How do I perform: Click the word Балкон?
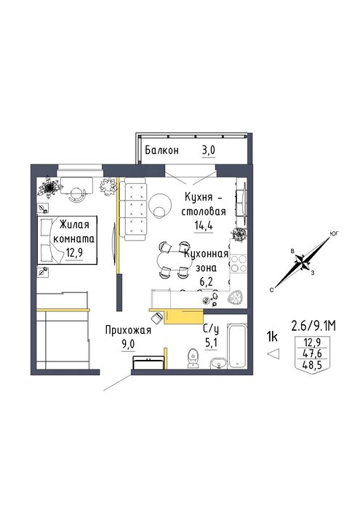click(x=161, y=151)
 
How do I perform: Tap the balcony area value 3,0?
click(x=209, y=151)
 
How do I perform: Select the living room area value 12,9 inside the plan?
click(x=74, y=252)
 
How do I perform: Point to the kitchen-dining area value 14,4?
click(x=204, y=225)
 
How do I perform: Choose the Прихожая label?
click(x=128, y=330)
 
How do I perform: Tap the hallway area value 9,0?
click(x=128, y=344)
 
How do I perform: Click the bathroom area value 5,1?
click(x=211, y=342)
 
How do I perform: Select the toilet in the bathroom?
click(x=193, y=358)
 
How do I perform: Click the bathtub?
click(x=236, y=345)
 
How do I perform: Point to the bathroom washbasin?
click(x=219, y=363)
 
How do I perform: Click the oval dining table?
click(x=174, y=260)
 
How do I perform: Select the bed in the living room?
click(x=67, y=240)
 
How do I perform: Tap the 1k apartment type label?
click(x=272, y=337)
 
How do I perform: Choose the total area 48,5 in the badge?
click(x=311, y=366)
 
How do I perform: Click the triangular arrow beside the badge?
click(x=273, y=353)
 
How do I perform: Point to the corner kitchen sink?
click(x=236, y=297)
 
